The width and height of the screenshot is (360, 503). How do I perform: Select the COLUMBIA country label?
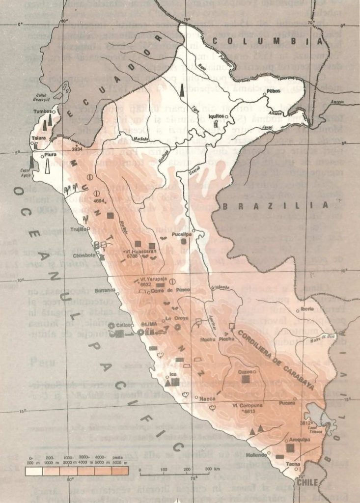(x=264, y=42)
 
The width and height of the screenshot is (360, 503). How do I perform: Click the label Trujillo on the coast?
(x=81, y=229)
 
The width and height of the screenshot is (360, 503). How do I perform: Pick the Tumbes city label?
(x=42, y=112)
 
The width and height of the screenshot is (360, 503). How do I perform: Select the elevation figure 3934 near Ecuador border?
(x=77, y=148)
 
